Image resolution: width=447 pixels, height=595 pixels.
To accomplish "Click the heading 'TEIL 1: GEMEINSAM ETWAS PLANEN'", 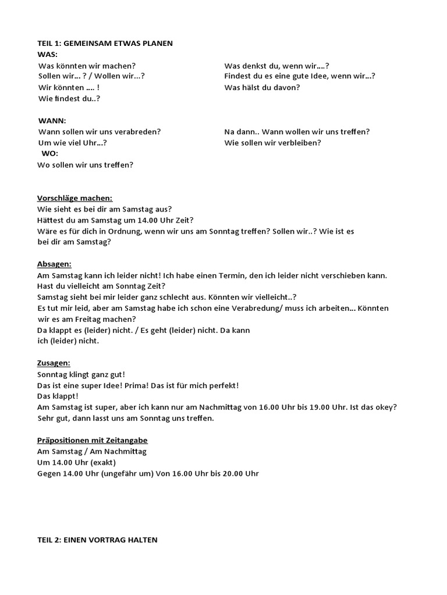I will coord(105,44).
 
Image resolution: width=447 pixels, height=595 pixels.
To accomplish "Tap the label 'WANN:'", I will coord(52,121).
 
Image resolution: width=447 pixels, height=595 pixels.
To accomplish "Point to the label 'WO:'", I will coord(49,153).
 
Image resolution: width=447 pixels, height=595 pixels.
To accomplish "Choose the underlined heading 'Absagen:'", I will coord(54,264).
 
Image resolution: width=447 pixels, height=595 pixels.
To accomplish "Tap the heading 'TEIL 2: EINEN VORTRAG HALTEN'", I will coord(97,540).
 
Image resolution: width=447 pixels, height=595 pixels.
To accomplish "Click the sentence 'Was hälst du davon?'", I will coord(262,87).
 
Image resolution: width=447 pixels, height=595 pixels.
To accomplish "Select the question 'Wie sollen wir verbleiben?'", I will coord(272,142).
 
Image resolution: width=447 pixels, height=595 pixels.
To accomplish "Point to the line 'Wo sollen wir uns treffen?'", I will coord(86,164).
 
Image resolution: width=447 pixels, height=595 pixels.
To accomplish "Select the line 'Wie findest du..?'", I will coord(69,98).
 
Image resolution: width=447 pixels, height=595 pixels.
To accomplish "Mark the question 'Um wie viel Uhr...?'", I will coord(73,142).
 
